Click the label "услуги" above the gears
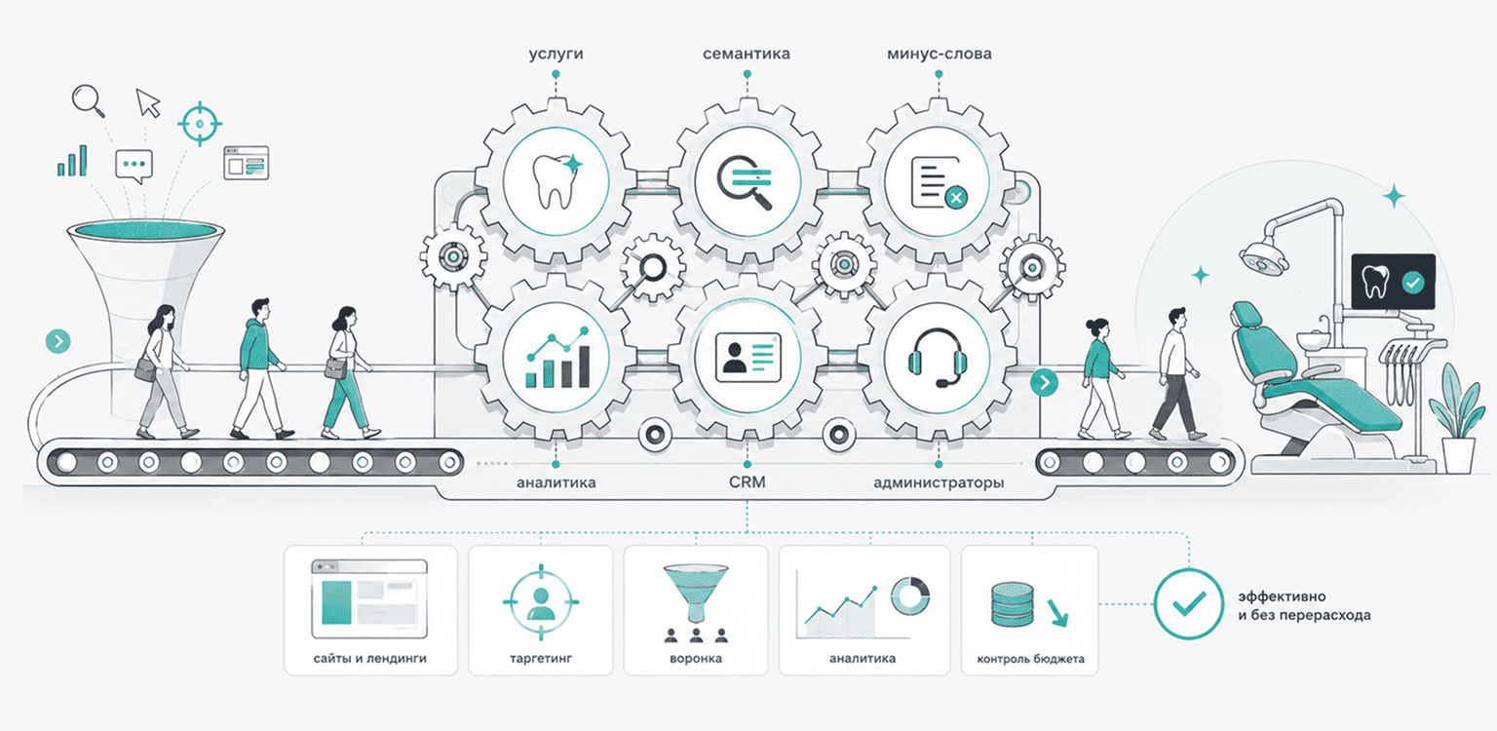557,55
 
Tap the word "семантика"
747,54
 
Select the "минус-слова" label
939,54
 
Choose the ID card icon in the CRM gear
748,358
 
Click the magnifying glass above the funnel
89,101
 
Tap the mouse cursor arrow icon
148,103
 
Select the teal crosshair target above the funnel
200,124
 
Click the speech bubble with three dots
134,167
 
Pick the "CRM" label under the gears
748,481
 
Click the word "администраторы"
939,482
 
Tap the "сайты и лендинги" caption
369,658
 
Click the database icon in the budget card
1013,604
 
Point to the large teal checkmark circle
1188,603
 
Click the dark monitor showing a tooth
1394,282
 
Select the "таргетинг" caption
541,658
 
